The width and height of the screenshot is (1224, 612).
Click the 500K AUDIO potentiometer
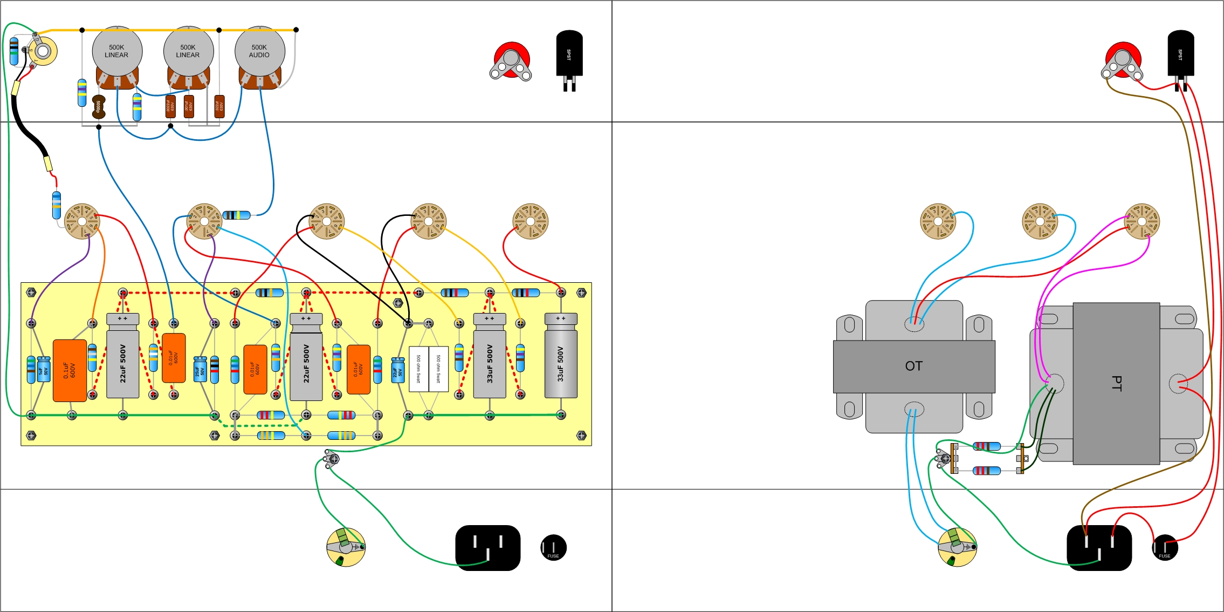pos(259,51)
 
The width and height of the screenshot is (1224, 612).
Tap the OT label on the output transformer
pos(913,366)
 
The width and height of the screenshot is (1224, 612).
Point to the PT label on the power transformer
pos(1116,383)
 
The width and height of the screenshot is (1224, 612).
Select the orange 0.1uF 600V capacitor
pos(70,370)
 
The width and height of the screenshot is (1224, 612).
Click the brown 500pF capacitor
pos(99,107)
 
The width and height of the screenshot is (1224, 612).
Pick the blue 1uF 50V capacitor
pos(44,369)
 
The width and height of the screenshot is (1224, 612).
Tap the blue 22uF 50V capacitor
pos(398,370)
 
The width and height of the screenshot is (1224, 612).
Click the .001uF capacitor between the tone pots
pos(189,106)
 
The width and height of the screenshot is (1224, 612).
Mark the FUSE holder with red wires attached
pos(1165,548)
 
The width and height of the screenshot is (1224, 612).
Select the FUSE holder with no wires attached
pos(553,548)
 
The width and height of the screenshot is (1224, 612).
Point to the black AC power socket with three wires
pos(1099,548)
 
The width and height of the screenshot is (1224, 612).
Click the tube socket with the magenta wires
pos(1142,221)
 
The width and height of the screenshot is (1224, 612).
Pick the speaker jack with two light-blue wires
pos(957,547)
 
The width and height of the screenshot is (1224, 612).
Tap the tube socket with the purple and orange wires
pos(82,221)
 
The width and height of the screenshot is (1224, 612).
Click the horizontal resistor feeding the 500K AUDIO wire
pos(237,215)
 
